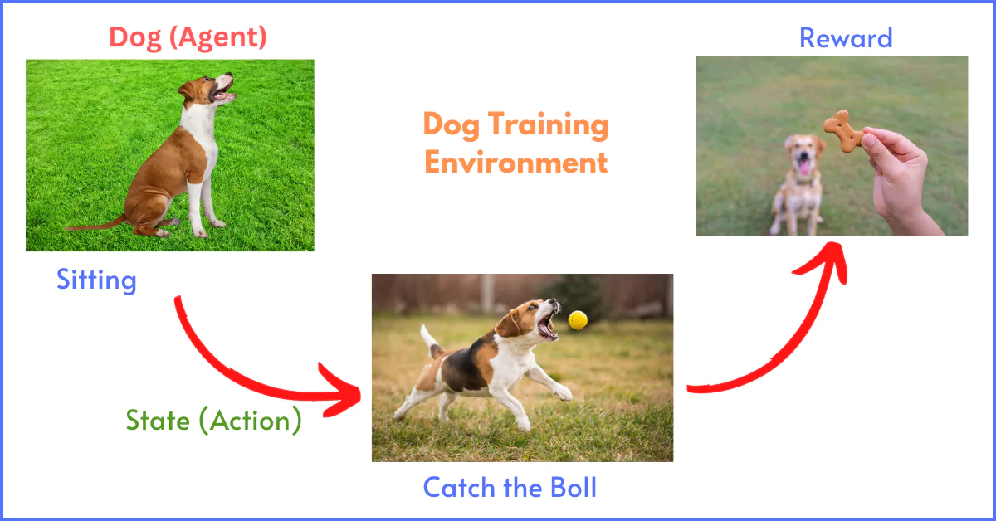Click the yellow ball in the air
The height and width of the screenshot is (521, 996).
(x=578, y=320)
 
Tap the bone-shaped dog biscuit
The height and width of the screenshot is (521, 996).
(x=843, y=131)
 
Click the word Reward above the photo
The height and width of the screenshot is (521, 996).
(x=846, y=38)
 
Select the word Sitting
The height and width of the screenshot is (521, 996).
(x=96, y=280)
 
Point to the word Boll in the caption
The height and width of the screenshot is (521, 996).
(x=574, y=488)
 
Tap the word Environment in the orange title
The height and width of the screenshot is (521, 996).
(x=515, y=163)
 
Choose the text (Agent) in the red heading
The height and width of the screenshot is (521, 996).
(x=217, y=37)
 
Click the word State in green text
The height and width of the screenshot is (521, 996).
(x=158, y=420)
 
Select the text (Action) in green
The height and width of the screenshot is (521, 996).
(x=251, y=421)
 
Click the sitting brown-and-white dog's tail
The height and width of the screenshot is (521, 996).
(x=95, y=225)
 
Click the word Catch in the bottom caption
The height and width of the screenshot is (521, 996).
(x=460, y=488)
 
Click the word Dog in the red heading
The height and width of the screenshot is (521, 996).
(x=135, y=38)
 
